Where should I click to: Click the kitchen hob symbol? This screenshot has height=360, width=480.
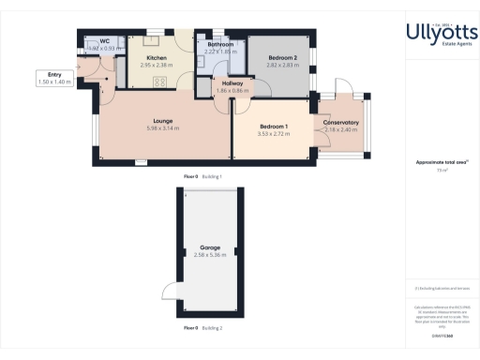(160, 82)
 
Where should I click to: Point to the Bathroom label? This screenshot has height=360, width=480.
(221, 44)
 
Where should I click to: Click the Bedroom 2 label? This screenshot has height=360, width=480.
(281, 58)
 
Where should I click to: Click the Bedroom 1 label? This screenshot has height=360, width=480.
(274, 127)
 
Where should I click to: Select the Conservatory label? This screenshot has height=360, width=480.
(341, 123)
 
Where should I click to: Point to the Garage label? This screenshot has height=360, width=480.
(209, 247)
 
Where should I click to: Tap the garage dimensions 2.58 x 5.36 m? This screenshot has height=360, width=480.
(209, 255)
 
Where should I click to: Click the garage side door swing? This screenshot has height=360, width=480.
(168, 290)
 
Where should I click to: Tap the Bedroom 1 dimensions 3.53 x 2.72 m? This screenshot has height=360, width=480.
(274, 134)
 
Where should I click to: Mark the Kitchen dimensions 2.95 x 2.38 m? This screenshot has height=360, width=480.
(157, 67)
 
